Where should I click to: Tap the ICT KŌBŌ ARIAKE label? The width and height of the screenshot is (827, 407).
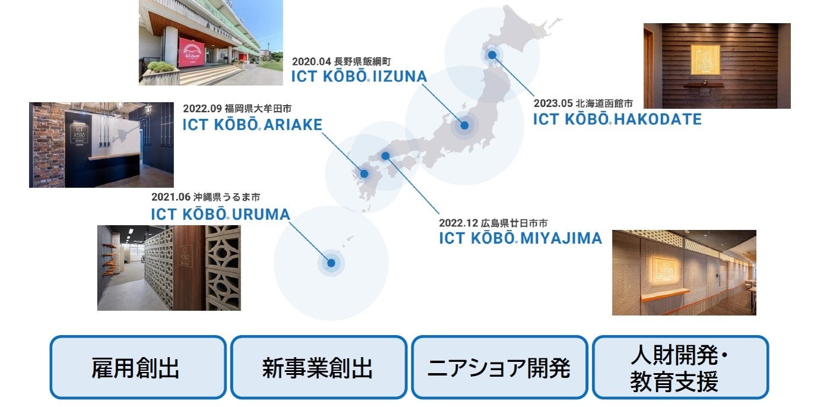coord(252,124)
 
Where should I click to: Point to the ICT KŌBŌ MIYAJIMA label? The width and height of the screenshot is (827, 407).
coord(520,238)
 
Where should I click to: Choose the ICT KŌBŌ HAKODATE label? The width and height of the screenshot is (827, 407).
coord(617,119)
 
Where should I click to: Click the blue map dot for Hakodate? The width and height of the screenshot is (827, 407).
coord(492,55)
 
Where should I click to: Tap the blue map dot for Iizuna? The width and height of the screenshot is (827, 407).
coord(464,125)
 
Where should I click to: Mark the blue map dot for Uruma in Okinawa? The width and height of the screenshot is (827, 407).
coord(331,263)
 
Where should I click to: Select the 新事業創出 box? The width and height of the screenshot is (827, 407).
coord(318,367)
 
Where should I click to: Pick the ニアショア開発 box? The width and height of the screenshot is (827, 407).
coord(499,367)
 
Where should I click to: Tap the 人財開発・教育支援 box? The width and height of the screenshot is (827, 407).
coord(680,367)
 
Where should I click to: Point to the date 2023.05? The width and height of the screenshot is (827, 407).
coord(552,103)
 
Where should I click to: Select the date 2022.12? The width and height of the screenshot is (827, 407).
coord(458,223)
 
